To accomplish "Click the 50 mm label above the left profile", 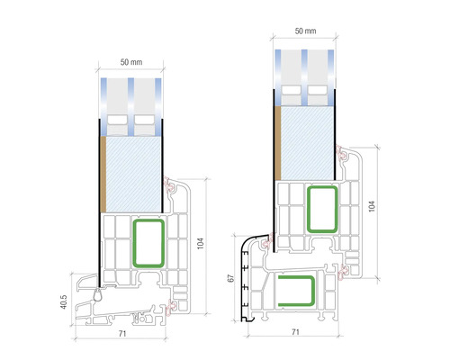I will [x=133, y=62].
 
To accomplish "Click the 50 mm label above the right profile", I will [x=305, y=31].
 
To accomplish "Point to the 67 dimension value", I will [x=232, y=278].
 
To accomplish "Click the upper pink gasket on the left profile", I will [x=169, y=188].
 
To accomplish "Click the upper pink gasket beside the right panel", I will [x=342, y=157].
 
